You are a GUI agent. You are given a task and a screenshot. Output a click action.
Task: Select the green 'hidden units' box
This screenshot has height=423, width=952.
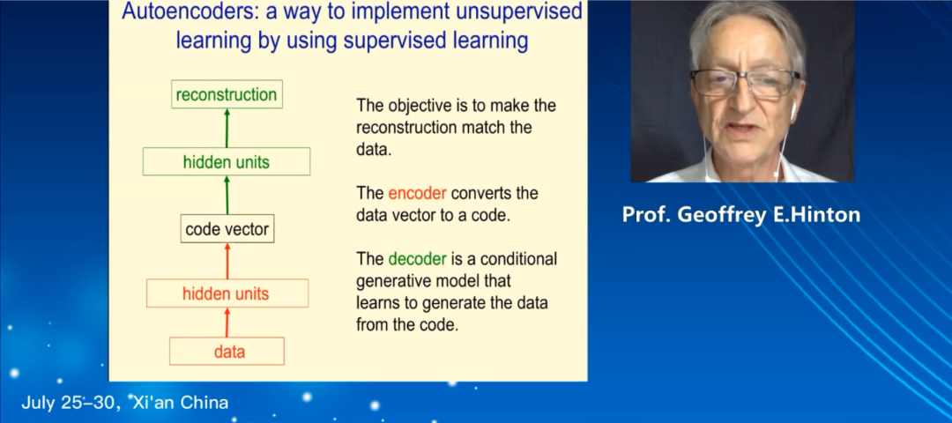pos(227,161)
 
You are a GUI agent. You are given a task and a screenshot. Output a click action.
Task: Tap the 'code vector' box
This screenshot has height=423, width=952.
pos(227,229)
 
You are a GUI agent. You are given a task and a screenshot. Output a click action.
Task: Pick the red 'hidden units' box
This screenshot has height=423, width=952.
pos(227,293)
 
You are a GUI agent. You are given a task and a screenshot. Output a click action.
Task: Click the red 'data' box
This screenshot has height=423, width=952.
pos(227,351)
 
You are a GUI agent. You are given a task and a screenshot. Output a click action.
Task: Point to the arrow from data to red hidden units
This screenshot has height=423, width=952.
pos(227,323)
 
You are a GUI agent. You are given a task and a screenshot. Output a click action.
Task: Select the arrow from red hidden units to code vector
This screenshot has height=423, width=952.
pos(227,261)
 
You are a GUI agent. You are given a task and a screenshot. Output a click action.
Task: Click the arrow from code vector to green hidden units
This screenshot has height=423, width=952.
pos(227,195)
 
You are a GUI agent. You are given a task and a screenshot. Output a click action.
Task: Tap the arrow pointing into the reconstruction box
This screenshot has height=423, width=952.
pos(227,128)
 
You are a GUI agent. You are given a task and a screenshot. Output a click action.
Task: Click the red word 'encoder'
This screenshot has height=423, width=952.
pos(418,194)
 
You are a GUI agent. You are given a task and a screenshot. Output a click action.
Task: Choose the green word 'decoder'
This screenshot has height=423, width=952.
pos(418,259)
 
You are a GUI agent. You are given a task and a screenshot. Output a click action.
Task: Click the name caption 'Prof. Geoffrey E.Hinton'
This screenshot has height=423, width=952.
pos(741,215)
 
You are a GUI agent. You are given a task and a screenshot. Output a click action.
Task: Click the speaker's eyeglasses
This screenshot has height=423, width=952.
pos(745,82)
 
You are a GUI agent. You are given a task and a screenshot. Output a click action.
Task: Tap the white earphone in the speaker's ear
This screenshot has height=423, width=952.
pos(793,108)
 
